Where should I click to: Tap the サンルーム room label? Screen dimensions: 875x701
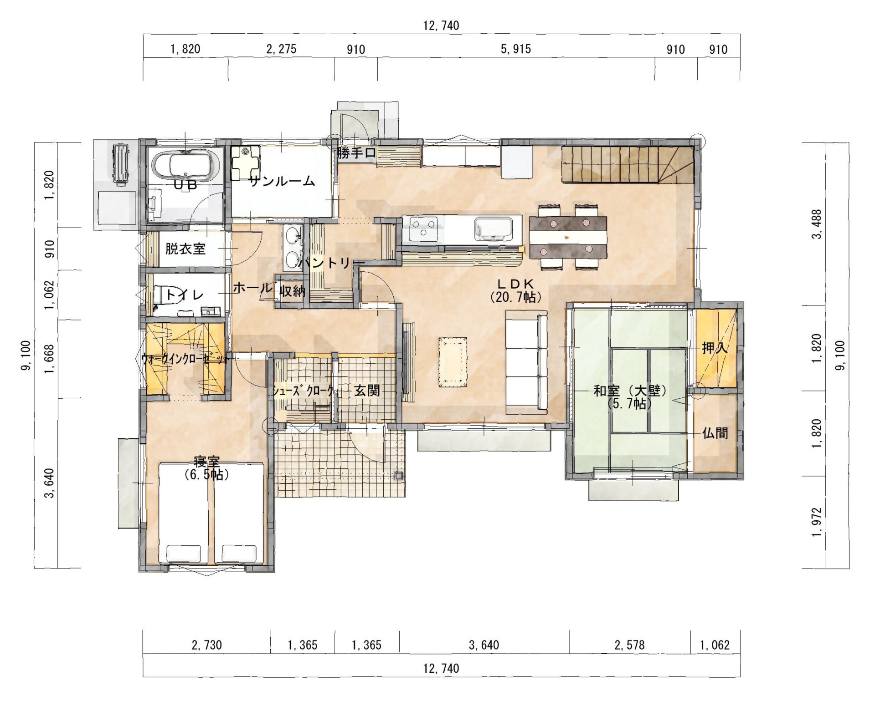point(282,182)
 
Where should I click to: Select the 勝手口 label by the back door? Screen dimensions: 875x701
point(357,153)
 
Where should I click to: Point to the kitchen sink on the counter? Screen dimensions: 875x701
point(493,229)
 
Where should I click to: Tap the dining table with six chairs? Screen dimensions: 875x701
point(568,237)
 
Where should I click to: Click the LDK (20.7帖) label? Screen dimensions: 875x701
point(515,290)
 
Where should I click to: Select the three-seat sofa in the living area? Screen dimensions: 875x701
point(527,361)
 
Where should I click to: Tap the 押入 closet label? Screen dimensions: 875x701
point(715,348)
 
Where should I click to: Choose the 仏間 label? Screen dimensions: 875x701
point(715,433)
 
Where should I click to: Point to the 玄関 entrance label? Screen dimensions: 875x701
point(367,390)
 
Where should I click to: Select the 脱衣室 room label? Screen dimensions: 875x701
point(185,249)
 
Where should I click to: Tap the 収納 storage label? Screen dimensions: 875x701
point(292,291)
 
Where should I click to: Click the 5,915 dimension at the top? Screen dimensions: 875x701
point(515,49)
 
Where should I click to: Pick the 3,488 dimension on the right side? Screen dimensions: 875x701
point(819,224)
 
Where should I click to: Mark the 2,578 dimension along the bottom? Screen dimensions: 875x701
point(629,645)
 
